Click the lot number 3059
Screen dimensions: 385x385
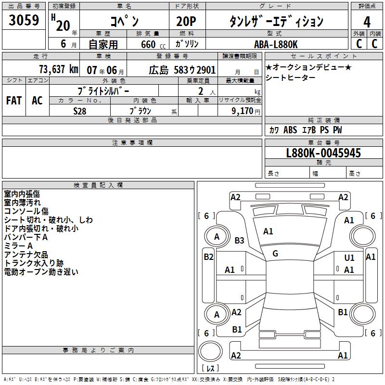[x=24, y=22]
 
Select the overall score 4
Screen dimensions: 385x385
[x=367, y=22]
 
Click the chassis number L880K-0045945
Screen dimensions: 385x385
[x=323, y=154]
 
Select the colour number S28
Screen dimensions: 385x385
[x=80, y=111]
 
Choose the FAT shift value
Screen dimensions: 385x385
[x=13, y=101]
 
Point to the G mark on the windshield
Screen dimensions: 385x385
[x=275, y=254]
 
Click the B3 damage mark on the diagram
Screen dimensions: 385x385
[x=239, y=240]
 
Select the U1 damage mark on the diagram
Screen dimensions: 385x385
[x=349, y=258]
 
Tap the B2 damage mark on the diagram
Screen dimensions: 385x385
[x=208, y=257]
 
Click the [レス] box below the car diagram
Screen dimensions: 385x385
[x=210, y=369]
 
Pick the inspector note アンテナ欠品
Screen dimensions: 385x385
[x=26, y=255]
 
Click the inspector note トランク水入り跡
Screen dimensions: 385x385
[x=34, y=263]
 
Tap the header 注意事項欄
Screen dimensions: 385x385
[x=132, y=143]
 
